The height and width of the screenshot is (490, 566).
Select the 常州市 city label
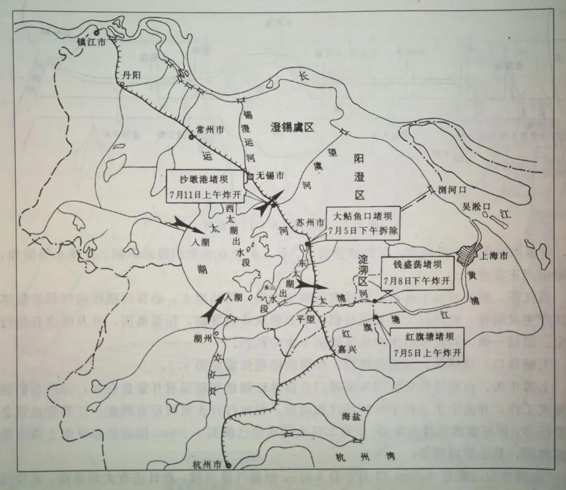pos(210,129)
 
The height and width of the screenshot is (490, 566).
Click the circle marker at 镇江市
pos(96,32)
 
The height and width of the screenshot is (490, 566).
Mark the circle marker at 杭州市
pos(229,465)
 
